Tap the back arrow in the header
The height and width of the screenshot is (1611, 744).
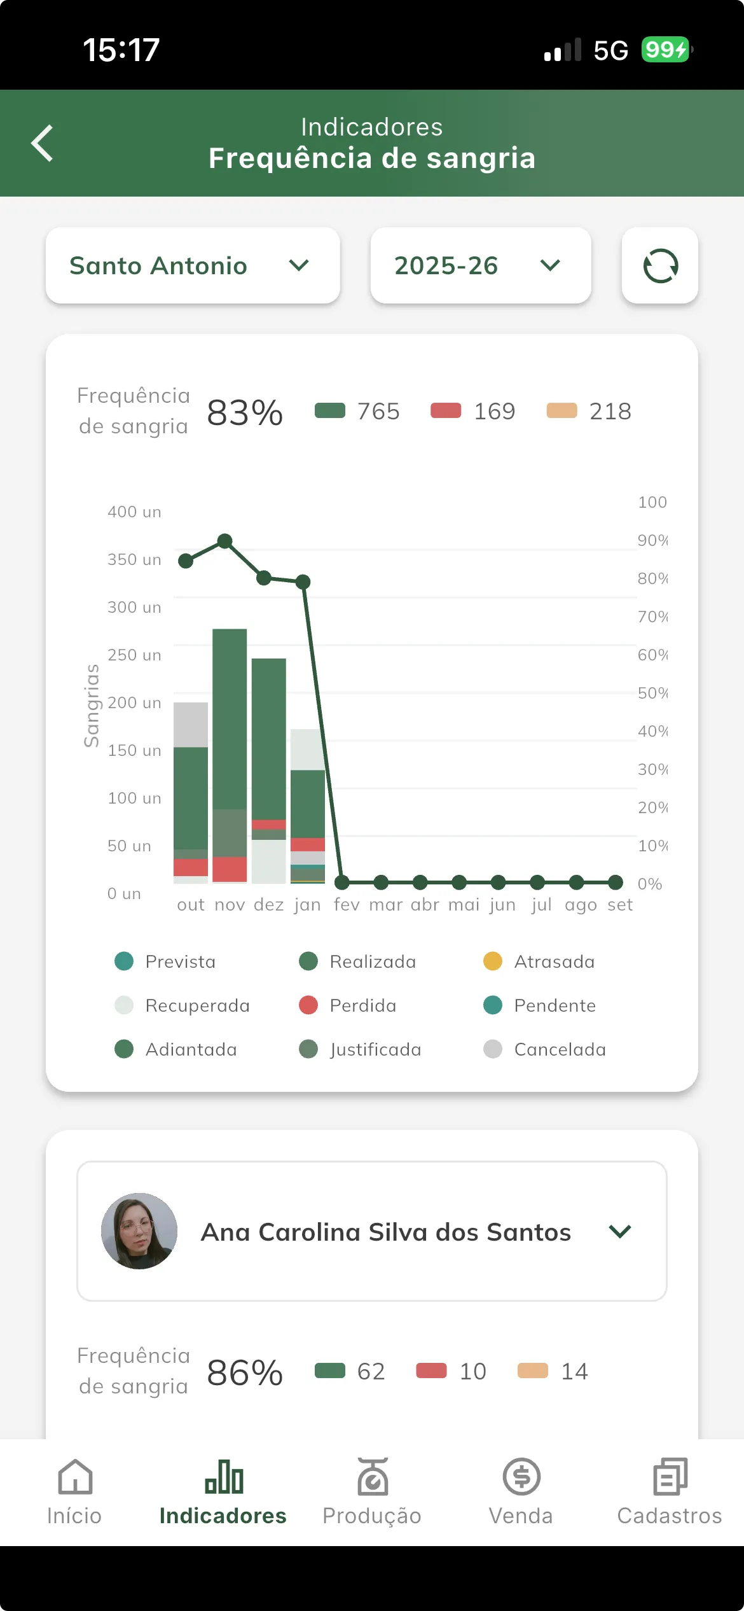coord(43,143)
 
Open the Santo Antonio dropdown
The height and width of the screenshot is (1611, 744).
coord(193,265)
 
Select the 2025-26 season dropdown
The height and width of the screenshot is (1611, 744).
coord(481,265)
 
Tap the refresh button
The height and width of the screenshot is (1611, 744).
coord(660,265)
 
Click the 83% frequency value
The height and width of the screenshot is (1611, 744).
coord(245,412)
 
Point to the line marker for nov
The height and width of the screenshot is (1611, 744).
coord(224,541)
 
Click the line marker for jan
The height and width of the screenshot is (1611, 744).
coord(303,582)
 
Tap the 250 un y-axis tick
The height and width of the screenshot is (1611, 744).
coord(134,655)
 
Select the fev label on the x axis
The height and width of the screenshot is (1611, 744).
coord(347,905)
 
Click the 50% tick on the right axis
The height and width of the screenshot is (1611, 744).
coord(652,693)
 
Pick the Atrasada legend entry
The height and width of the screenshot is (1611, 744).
coord(540,961)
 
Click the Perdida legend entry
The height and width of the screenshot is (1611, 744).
coord(348,1005)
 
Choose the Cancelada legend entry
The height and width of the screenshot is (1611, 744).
coord(545,1049)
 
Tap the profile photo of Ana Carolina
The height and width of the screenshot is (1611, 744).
coord(139,1231)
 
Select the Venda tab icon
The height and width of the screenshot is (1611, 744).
coord(521,1477)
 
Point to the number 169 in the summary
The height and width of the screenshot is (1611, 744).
coord(494,412)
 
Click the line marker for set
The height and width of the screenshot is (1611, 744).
coord(616,882)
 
